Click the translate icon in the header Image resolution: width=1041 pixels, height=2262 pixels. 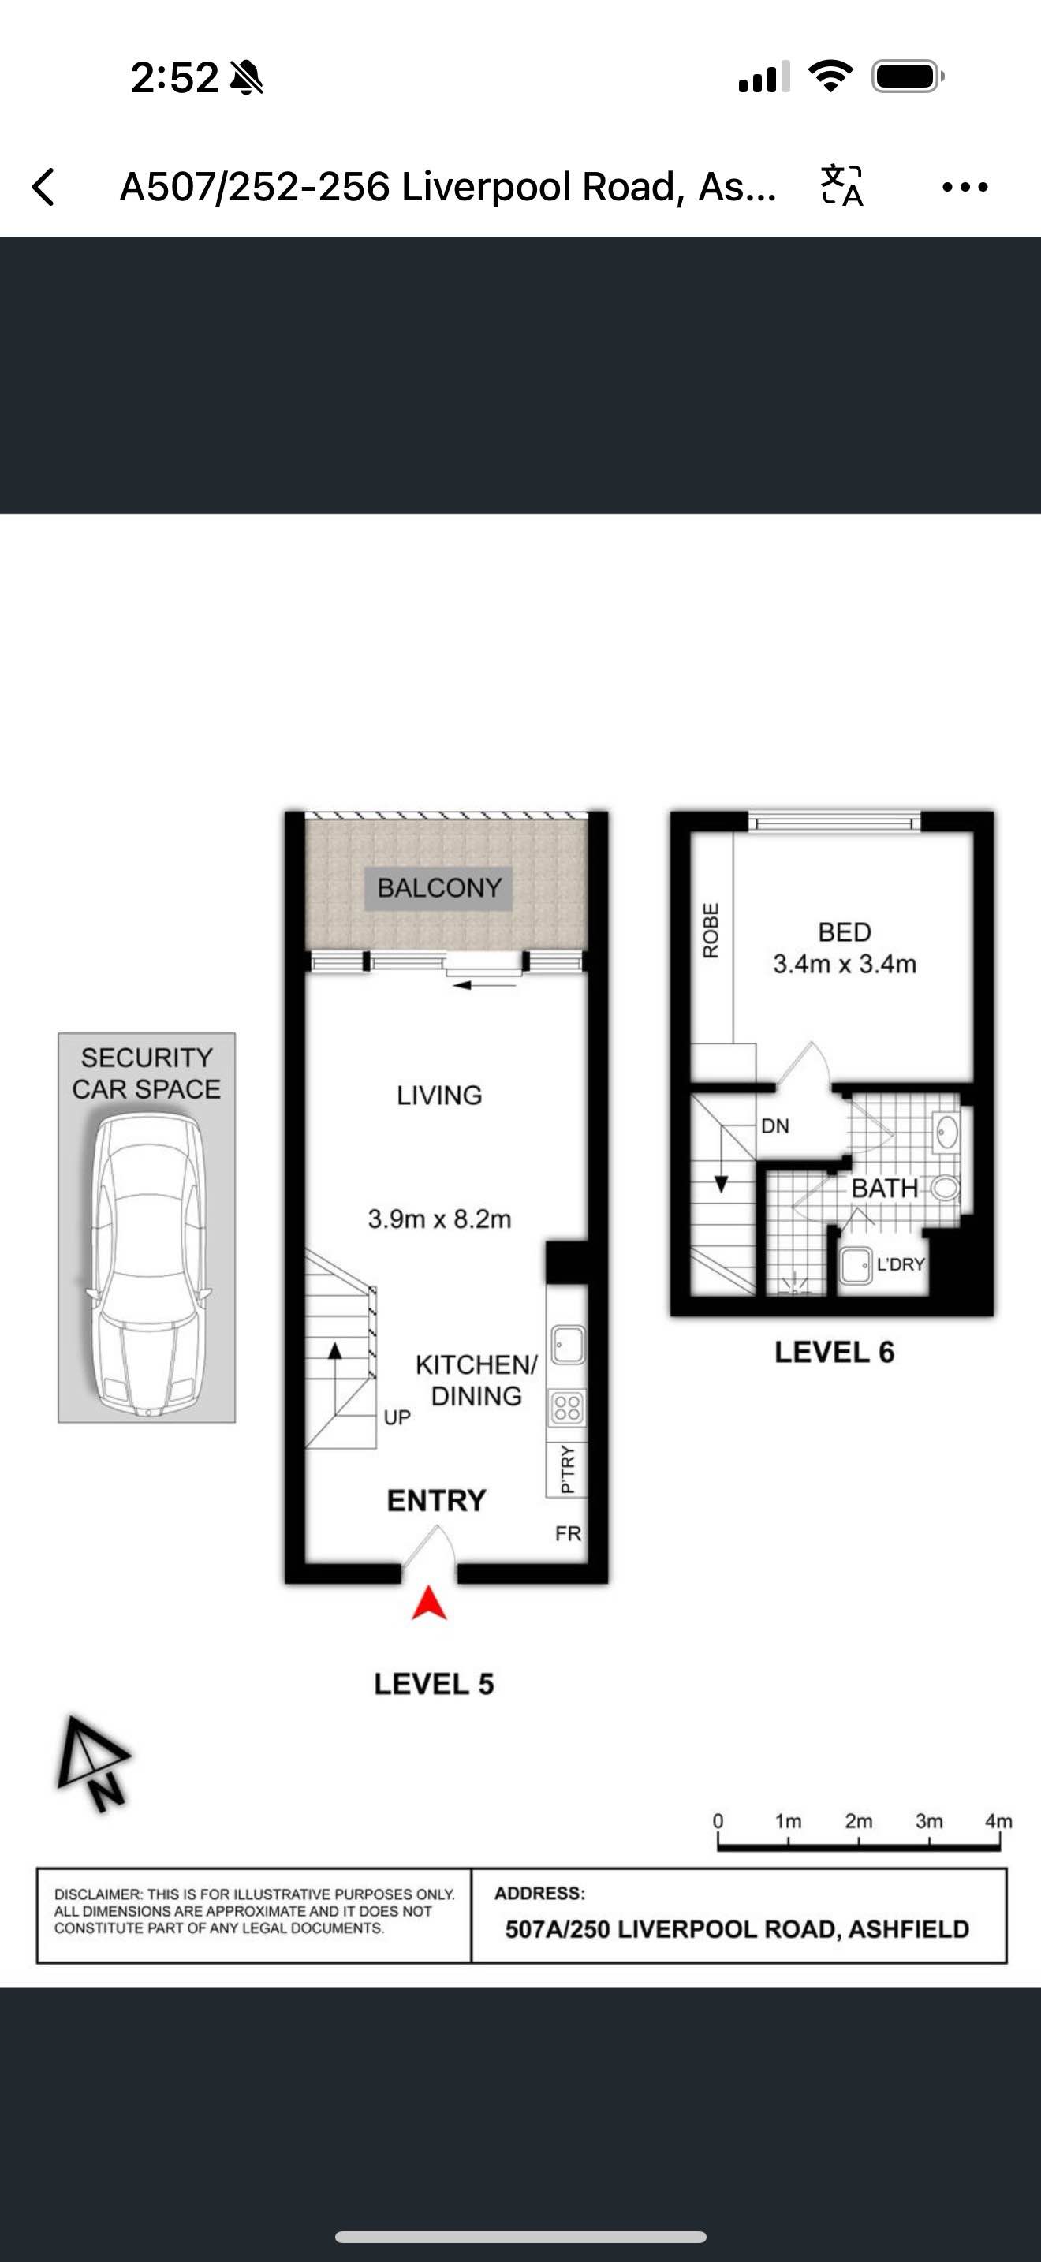(841, 186)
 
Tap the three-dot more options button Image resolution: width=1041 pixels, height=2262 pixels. (965, 187)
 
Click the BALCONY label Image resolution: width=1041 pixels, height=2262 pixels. (438, 888)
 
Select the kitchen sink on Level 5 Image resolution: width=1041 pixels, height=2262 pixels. (567, 1345)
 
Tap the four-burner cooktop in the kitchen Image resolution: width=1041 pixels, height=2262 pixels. (567, 1408)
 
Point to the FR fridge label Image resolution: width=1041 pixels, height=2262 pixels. (568, 1533)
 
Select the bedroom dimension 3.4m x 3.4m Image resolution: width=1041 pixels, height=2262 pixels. (845, 964)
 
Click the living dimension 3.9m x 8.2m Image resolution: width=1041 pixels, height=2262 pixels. (438, 1219)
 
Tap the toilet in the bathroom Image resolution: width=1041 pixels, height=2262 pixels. (943, 1188)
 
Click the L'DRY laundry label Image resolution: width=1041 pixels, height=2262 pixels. (901, 1264)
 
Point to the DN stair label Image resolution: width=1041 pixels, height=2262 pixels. (775, 1125)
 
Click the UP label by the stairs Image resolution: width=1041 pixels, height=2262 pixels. (397, 1417)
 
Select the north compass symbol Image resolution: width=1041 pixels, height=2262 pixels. (94, 1764)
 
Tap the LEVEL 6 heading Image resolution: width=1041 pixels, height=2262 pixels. (834, 1353)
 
